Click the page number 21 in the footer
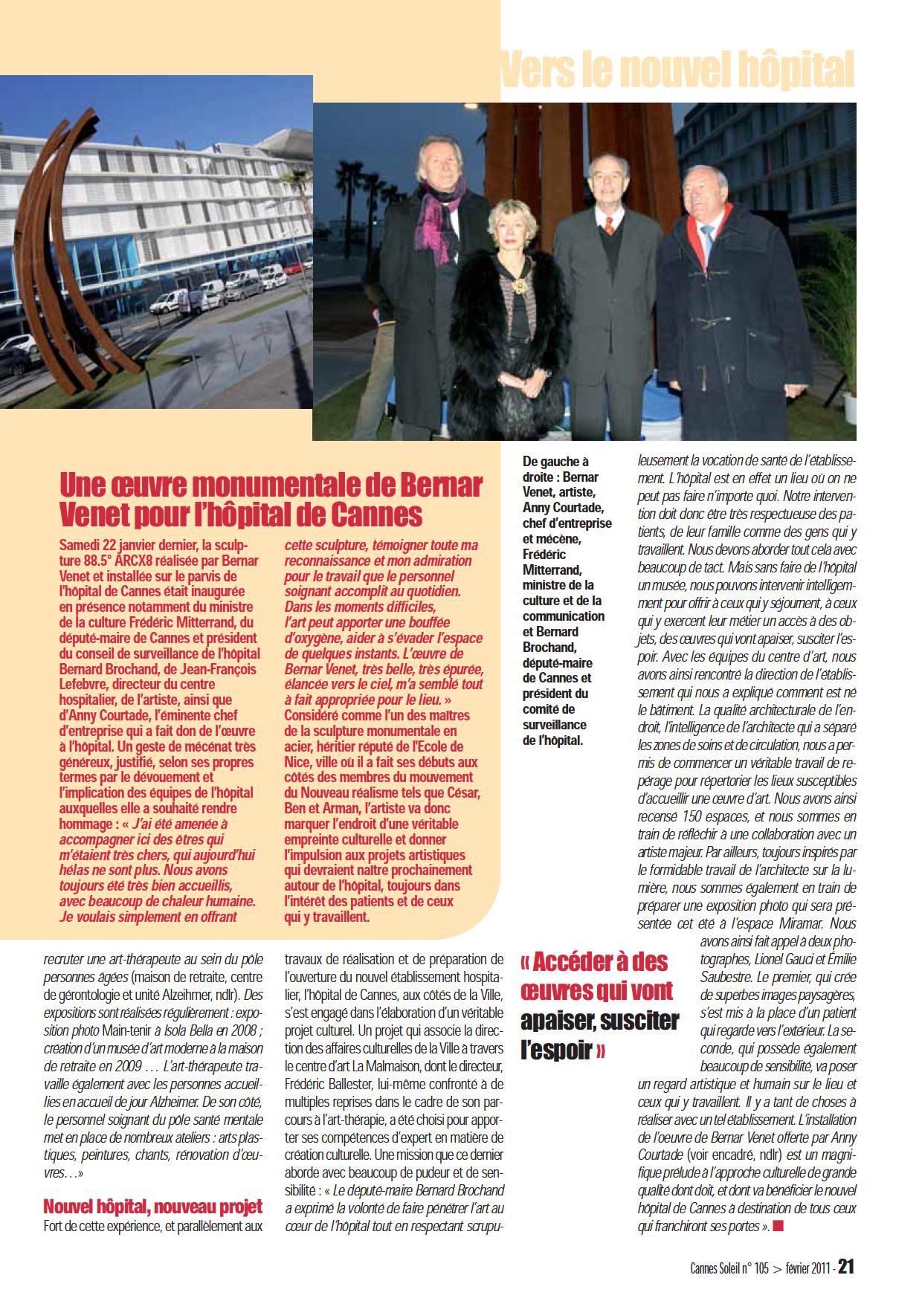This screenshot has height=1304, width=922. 846,1267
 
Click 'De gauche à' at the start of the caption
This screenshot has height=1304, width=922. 555,462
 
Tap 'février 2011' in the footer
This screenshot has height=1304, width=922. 800,1268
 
